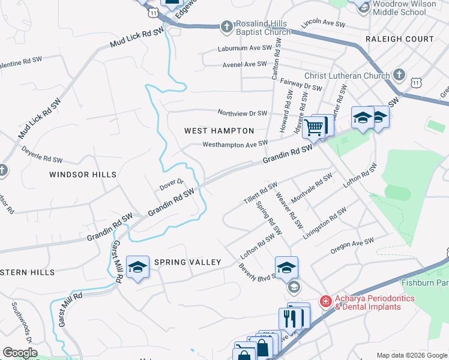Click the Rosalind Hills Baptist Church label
[264, 28]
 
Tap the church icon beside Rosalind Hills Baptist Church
[226, 26]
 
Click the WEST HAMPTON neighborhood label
[218, 130]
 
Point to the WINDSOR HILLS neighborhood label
[83, 174]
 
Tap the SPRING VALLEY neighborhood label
[188, 262]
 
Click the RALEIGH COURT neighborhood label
[399, 39]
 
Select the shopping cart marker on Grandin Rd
[313, 127]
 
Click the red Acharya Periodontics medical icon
[325, 301]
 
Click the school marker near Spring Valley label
[137, 268]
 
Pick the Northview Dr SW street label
[242, 113]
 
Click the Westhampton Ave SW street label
[235, 144]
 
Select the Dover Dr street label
[171, 185]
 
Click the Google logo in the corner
[20, 353]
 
